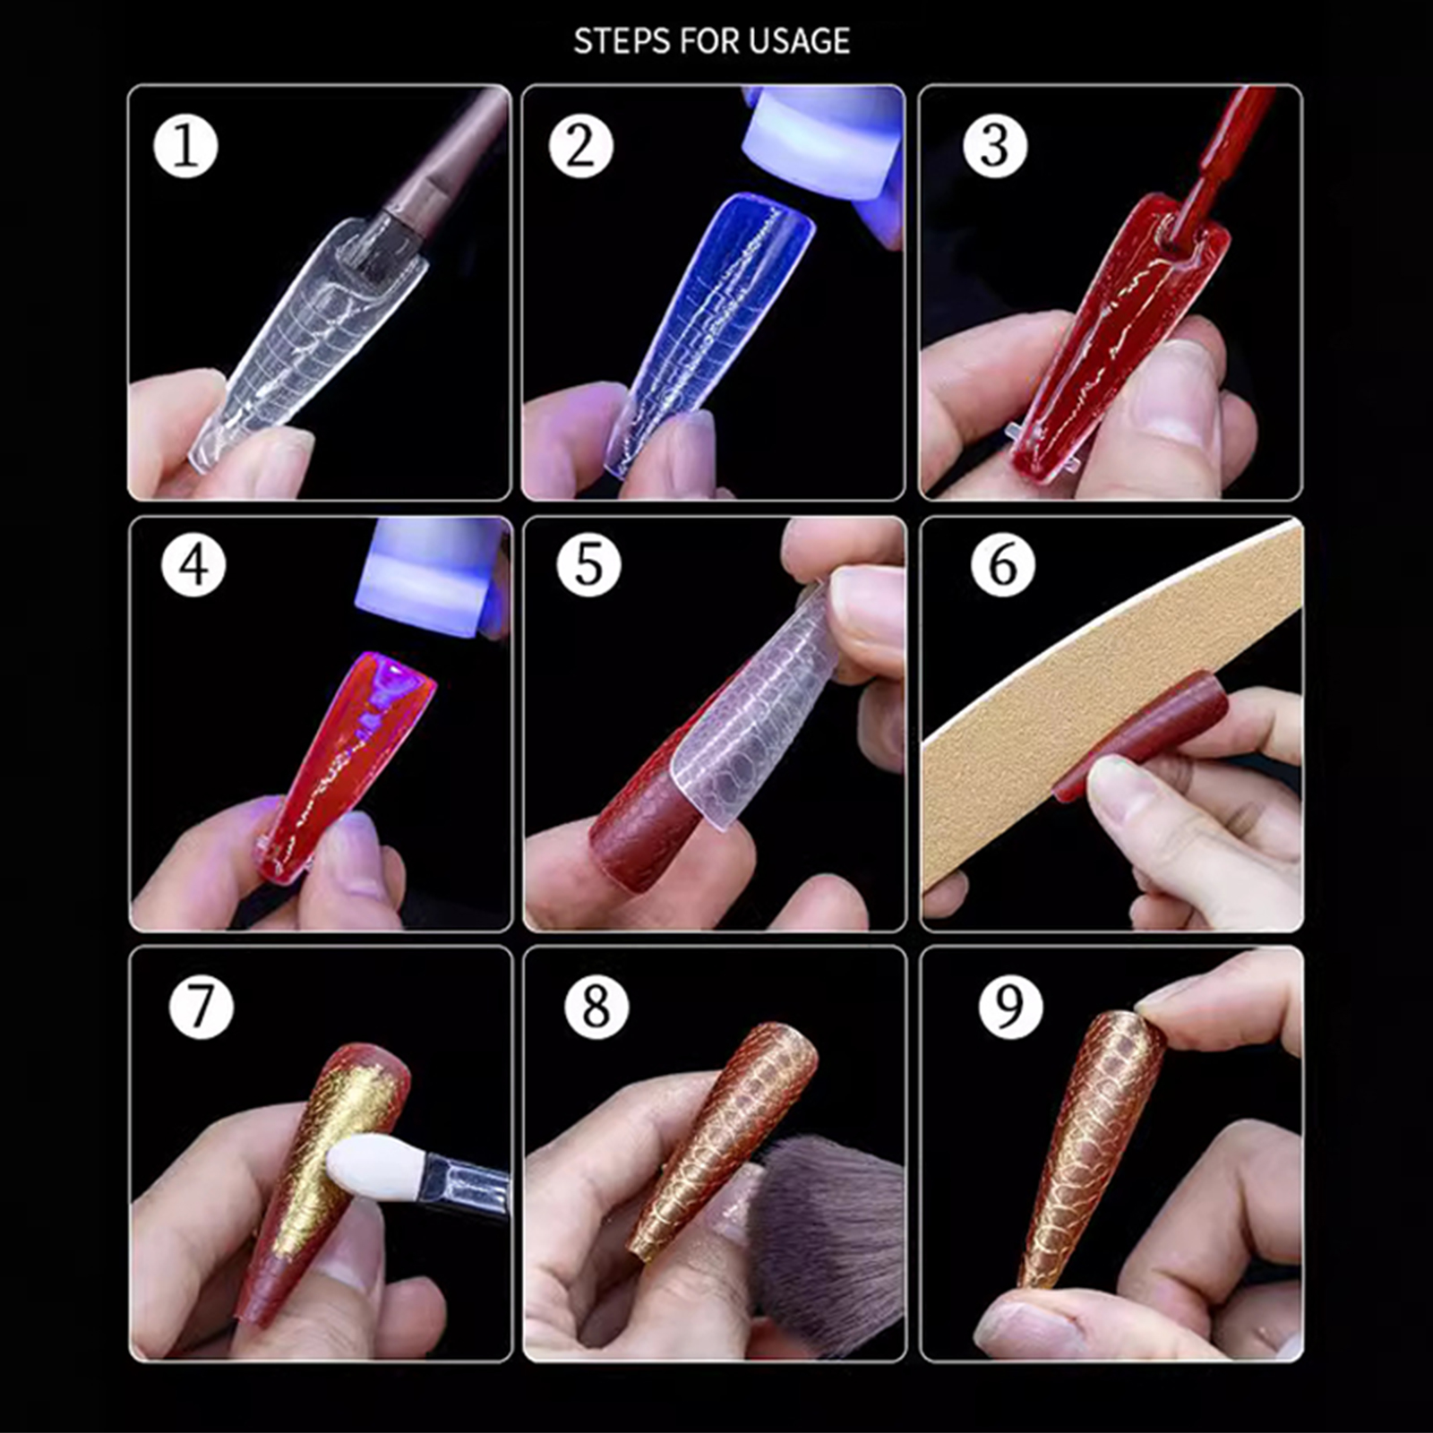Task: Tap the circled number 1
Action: point(185,146)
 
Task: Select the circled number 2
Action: point(580,146)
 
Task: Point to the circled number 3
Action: point(995,146)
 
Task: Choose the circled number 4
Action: point(193,565)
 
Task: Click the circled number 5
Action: point(588,565)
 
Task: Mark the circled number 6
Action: point(1003,565)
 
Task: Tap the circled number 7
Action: point(201,1007)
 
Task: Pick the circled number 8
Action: point(596,1007)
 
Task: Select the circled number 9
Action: point(1010,1007)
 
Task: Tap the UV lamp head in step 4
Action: point(434,573)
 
